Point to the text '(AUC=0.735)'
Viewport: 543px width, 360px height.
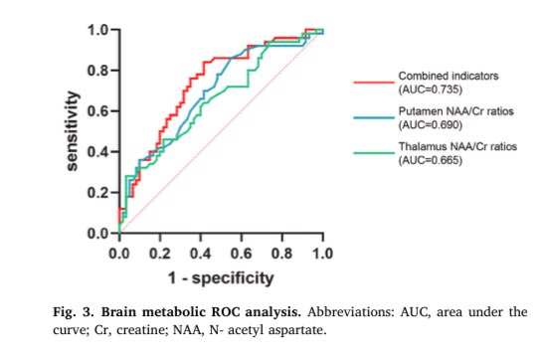coord(429,89)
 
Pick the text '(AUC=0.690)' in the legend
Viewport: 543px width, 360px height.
coord(429,127)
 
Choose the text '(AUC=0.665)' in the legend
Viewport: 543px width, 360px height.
coord(429,164)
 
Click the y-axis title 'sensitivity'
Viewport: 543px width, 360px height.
coord(73,130)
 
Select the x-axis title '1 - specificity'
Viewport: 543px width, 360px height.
coord(220,274)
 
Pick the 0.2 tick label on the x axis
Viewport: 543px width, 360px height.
coord(159,254)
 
